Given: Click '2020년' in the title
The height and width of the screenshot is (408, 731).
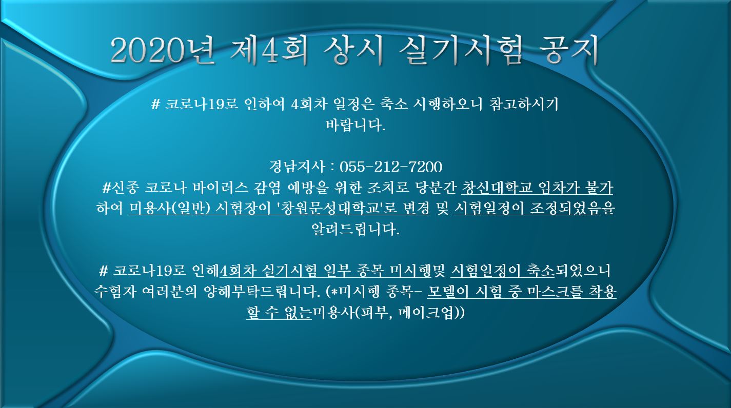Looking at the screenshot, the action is pyautogui.click(x=163, y=51).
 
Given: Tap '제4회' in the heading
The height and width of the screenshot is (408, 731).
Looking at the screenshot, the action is pyautogui.click(x=269, y=51).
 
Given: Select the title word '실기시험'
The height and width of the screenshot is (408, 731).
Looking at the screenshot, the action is pyautogui.click(x=460, y=51).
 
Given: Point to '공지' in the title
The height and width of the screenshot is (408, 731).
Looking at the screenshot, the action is pyautogui.click(x=568, y=51).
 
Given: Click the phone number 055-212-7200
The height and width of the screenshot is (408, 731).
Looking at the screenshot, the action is pyautogui.click(x=391, y=167).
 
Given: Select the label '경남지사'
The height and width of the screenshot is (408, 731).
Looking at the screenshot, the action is pyautogui.click(x=297, y=167).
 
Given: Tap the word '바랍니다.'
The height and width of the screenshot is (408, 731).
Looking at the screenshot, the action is pyautogui.click(x=355, y=125).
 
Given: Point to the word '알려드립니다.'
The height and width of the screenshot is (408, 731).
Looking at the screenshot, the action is pyautogui.click(x=355, y=229).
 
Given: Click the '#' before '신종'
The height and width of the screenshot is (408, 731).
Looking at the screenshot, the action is pyautogui.click(x=106, y=188).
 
